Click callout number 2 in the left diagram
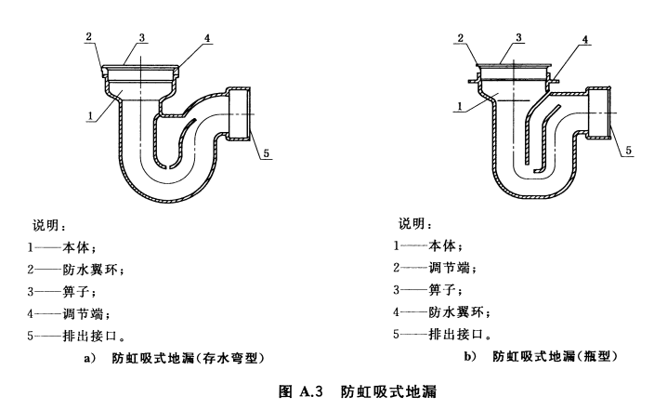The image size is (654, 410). click(88, 36)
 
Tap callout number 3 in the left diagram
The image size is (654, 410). click(143, 37)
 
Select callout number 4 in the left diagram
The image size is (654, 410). click(209, 38)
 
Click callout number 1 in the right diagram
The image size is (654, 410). click(458, 108)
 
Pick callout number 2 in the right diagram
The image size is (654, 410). click(460, 38)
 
